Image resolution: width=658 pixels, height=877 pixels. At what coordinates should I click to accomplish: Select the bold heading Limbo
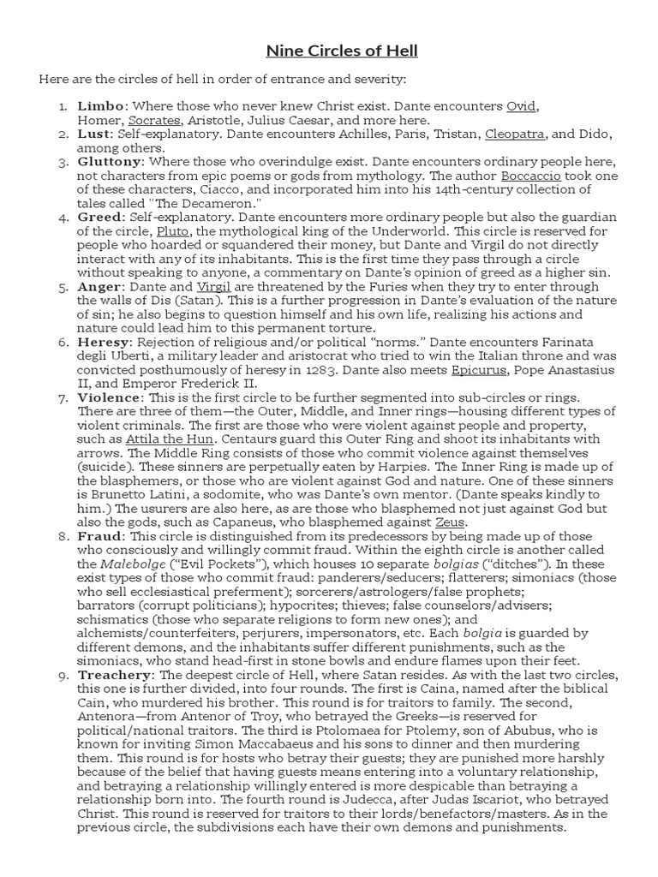pos(101,106)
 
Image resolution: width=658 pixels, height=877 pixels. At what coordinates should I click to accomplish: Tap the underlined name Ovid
pos(521,106)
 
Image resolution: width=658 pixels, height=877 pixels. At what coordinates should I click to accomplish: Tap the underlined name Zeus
pos(452,522)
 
